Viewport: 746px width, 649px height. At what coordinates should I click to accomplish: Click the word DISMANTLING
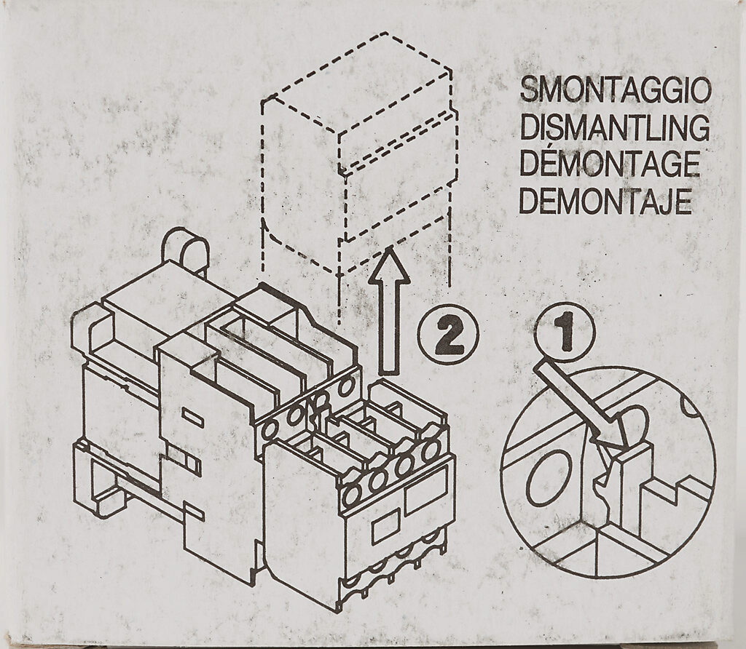point(614,128)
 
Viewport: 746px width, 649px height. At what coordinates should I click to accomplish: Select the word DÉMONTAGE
point(609,165)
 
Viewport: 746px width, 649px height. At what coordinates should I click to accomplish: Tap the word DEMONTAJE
point(605,202)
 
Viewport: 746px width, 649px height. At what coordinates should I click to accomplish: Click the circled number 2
point(449,334)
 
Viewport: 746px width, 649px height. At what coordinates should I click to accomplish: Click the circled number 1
point(565,332)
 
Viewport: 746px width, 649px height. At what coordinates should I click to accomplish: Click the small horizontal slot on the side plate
point(192,417)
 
